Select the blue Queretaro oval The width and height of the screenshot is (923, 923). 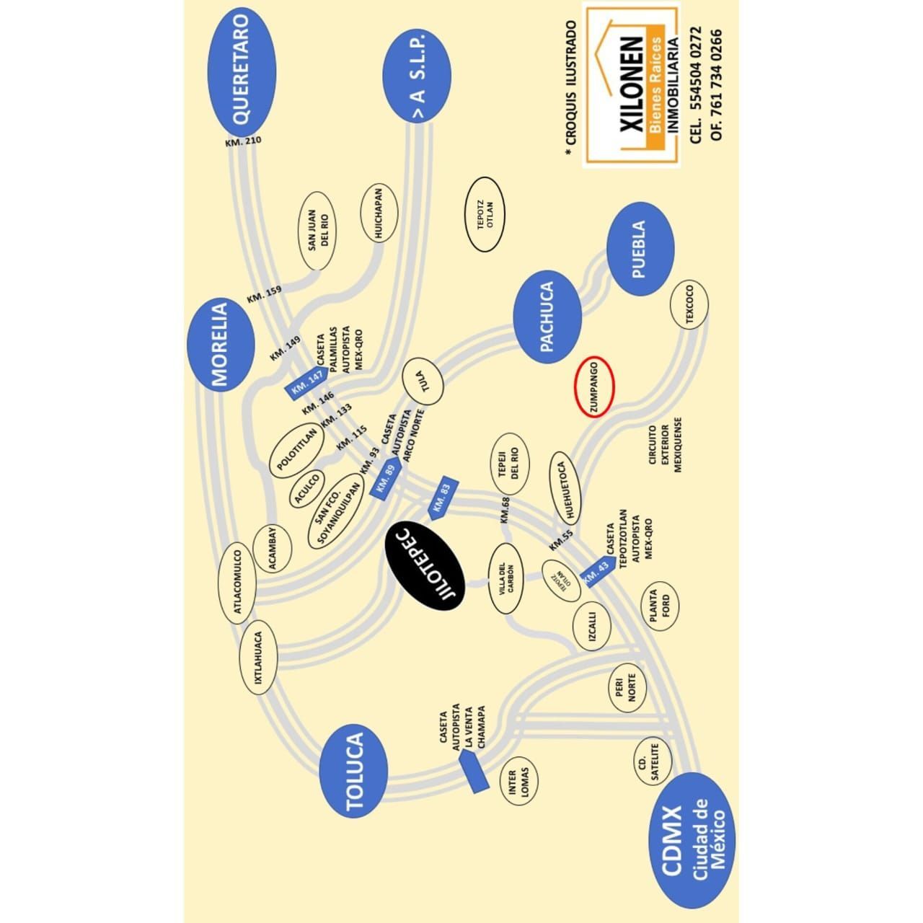(242, 72)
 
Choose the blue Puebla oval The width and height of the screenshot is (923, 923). (640, 249)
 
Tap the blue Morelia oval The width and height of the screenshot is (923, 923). (221, 345)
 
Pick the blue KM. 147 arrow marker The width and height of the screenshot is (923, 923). (307, 383)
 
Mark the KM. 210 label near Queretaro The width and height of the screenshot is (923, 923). (244, 142)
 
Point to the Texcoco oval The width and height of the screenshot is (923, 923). (689, 304)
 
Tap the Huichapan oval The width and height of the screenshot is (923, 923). (379, 213)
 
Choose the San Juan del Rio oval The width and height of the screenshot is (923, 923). (317, 231)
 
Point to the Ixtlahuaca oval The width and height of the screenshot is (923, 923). (258, 663)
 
